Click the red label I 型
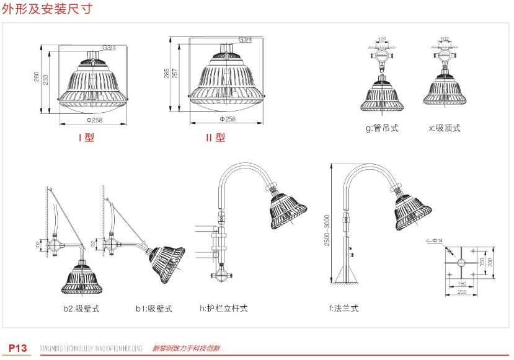pos(86,138)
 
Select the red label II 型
pos(216,138)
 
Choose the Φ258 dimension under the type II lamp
pos(228,118)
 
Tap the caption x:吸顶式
pos(445,128)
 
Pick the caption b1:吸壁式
pos(154,308)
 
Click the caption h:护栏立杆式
pos(223,308)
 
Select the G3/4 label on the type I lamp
pos(109,48)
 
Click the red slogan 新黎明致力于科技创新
pos(188,348)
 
